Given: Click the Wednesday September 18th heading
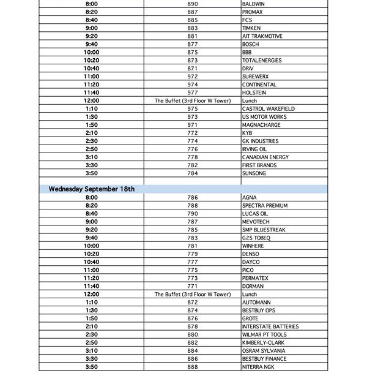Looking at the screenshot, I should (x=92, y=189).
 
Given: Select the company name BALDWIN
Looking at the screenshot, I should (x=253, y=4).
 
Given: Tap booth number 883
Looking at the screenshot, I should (x=193, y=28).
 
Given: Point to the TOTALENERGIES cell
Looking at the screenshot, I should (x=262, y=61).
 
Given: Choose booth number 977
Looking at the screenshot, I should (x=193, y=92).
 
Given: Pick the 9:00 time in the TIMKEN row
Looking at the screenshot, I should (x=92, y=28).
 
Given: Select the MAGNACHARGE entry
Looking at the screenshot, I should (x=261, y=125).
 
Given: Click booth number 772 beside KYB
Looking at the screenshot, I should (x=193, y=133).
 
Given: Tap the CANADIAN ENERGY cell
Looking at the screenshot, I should (x=265, y=157).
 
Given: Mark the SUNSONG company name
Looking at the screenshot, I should (x=254, y=173).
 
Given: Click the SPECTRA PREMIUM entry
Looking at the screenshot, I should (x=264, y=206).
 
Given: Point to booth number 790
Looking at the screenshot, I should (x=193, y=214).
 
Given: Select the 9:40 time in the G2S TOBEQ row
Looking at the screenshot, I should (x=92, y=238).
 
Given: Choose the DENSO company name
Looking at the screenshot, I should (x=251, y=254).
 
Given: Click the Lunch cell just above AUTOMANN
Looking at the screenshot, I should (x=250, y=295).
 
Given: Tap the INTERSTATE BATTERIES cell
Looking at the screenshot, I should (x=270, y=326).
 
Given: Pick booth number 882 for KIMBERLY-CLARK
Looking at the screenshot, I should (x=193, y=343).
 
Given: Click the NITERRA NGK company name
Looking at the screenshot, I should (x=258, y=367).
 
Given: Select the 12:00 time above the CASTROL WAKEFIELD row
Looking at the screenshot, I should (x=92, y=100).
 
